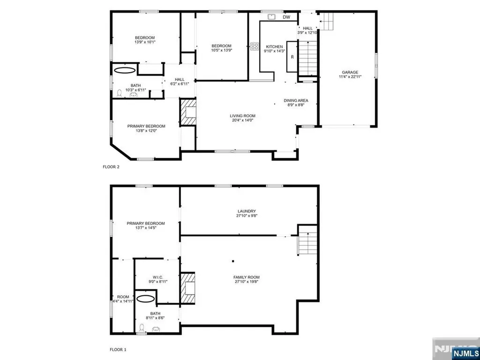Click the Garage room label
pyautogui.click(x=350, y=73)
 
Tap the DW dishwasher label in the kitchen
pyautogui.click(x=286, y=17)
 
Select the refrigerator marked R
pyautogui.click(x=292, y=57)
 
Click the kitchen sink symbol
pyautogui.click(x=272, y=17)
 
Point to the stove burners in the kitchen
pyautogui.click(x=255, y=46)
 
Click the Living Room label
pyautogui.click(x=242, y=116)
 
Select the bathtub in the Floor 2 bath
pyautogui.click(x=124, y=70)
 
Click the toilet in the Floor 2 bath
pyautogui.click(x=120, y=93)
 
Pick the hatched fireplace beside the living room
pyautogui.click(x=188, y=112)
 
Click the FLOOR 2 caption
pyautogui.click(x=111, y=166)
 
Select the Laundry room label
pyautogui.click(x=246, y=211)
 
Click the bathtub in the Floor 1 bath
pyautogui.click(x=147, y=298)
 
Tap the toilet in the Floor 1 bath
pyautogui.click(x=142, y=327)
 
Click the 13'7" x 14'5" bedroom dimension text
pyautogui.click(x=145, y=228)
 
